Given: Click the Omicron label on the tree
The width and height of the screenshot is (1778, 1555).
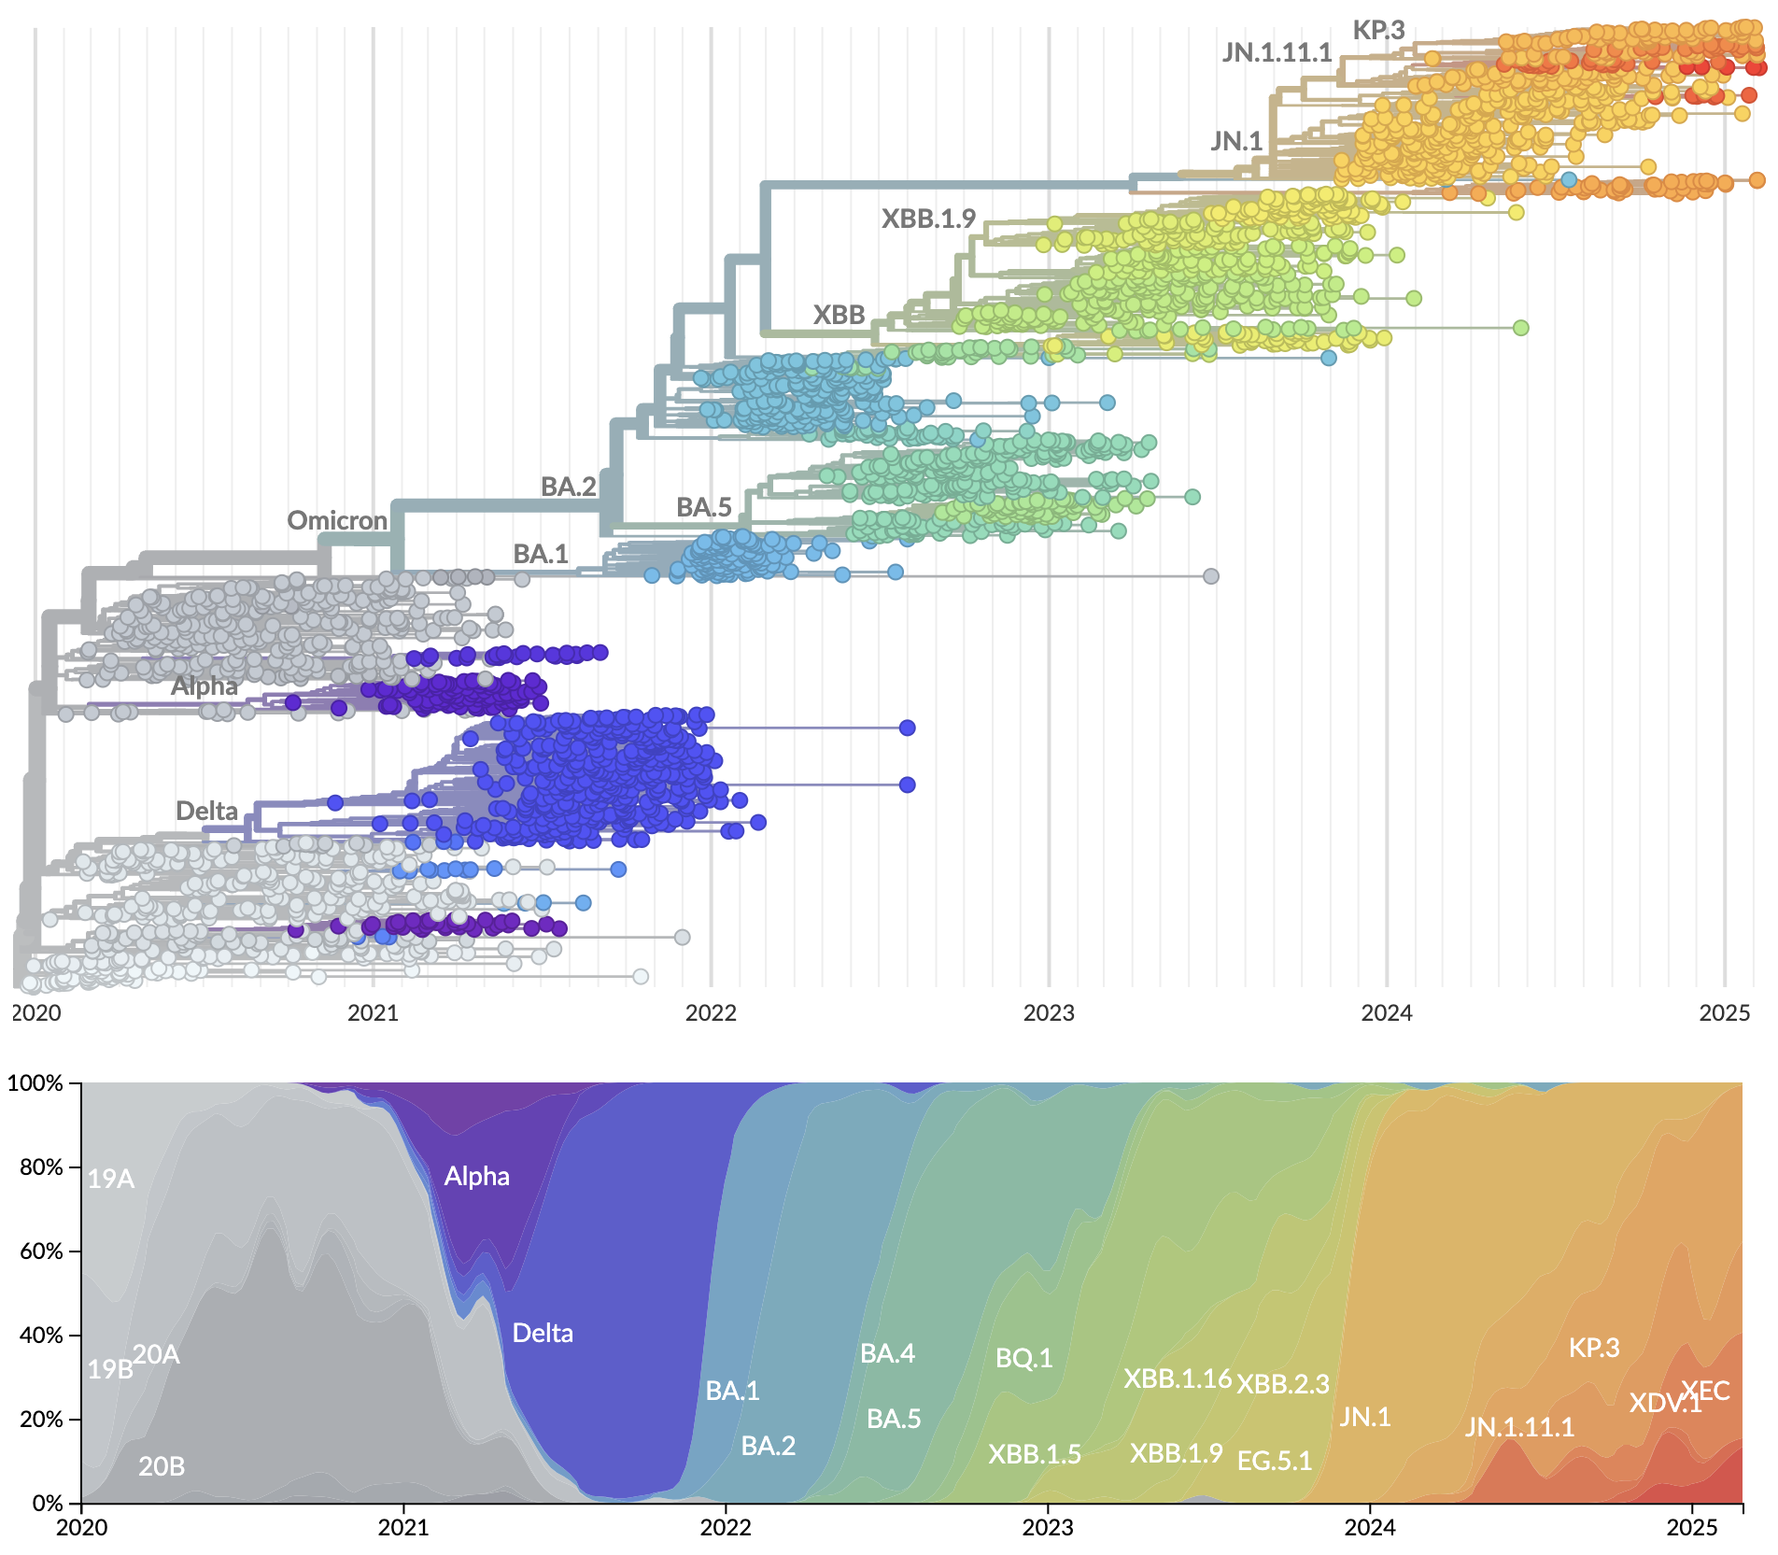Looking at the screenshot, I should pyautogui.click(x=337, y=520).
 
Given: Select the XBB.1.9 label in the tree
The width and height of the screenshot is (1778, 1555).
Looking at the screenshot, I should pyautogui.click(x=928, y=219).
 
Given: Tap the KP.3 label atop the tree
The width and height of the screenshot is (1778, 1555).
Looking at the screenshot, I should pyautogui.click(x=1378, y=30).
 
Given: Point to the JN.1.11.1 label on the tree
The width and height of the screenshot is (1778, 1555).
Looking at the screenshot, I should pyautogui.click(x=1277, y=52).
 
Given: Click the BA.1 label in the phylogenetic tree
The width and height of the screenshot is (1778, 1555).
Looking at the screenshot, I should pyautogui.click(x=541, y=554).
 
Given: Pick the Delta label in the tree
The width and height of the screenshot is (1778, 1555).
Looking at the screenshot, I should pyautogui.click(x=206, y=811).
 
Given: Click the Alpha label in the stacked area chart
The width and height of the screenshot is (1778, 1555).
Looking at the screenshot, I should pyautogui.click(x=476, y=1176).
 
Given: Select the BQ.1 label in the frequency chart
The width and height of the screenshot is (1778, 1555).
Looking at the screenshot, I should pyautogui.click(x=1023, y=1358).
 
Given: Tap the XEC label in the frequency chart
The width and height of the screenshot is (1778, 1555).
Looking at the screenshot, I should pyautogui.click(x=1705, y=1391).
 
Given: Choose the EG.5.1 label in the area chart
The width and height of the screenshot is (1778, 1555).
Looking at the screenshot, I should pyautogui.click(x=1274, y=1461).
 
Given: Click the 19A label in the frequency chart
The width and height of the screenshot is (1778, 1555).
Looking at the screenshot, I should pyautogui.click(x=111, y=1180).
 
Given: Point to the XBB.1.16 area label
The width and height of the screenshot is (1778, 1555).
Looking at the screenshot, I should pyautogui.click(x=1177, y=1378).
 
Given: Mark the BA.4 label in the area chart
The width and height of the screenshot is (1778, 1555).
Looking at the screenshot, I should pyautogui.click(x=887, y=1353).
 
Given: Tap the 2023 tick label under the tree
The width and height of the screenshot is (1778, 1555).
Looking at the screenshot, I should pyautogui.click(x=1049, y=1012).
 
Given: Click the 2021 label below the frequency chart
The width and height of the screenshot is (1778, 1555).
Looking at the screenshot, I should pyautogui.click(x=403, y=1528).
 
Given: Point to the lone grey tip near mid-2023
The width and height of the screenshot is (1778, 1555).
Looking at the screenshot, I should pyautogui.click(x=1210, y=576).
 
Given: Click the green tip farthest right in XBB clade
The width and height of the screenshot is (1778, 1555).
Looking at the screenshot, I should pyautogui.click(x=1520, y=328).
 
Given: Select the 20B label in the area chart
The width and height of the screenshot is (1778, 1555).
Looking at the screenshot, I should pyautogui.click(x=162, y=1466).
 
